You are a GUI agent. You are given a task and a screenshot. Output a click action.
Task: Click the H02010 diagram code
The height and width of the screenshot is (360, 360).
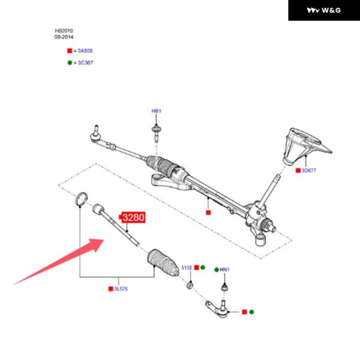tap(64, 31)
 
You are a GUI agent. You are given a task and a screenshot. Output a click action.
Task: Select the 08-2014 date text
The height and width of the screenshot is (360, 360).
tap(64, 37)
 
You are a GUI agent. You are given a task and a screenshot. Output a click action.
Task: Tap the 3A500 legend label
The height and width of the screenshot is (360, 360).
tap(85, 52)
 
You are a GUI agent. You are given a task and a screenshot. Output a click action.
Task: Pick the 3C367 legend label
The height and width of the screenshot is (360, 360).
tap(85, 62)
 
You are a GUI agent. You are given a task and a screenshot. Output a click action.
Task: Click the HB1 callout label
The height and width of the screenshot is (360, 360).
tap(156, 111)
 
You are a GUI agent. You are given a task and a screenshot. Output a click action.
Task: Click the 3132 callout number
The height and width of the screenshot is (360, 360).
tap(186, 268)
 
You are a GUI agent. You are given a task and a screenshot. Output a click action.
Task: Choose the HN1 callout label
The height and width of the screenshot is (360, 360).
tap(224, 270)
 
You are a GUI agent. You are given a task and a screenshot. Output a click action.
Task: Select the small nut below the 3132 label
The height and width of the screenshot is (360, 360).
tap(190, 284)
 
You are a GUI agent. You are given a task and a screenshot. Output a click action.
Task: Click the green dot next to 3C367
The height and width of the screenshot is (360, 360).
tap(70, 62)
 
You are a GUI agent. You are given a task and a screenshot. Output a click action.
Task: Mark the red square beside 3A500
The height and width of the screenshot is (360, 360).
tap(70, 52)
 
